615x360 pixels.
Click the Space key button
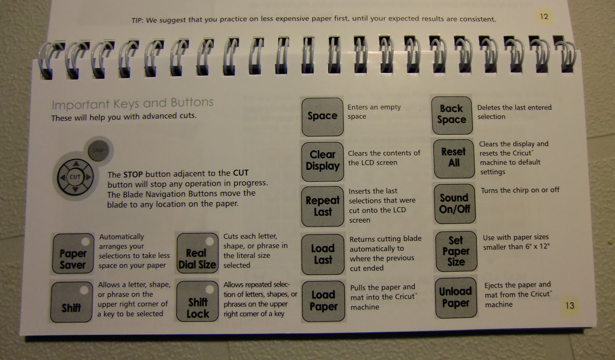(322, 116)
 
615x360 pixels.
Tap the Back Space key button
(451, 115)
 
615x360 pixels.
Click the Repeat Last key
(322, 206)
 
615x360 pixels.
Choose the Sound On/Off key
(454, 204)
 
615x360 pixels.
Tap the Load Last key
(322, 254)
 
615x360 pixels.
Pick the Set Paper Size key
(456, 251)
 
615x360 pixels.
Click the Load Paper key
(323, 301)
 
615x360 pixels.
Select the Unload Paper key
(455, 297)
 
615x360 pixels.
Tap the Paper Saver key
(73, 254)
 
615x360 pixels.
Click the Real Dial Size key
(197, 254)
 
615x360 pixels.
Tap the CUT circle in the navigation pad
(75, 177)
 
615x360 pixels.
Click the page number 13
(569, 306)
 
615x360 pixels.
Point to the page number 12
(544, 17)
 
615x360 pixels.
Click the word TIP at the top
(136, 20)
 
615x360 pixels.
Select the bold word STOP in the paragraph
(133, 174)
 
